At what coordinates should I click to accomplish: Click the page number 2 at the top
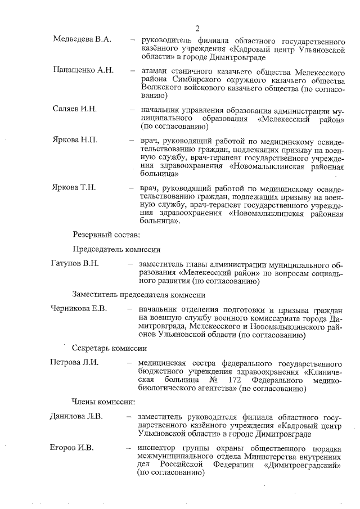[197, 28]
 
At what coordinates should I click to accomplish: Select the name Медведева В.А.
[82, 39]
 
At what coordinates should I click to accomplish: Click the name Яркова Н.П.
[75, 140]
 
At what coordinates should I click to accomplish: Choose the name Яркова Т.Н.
[75, 188]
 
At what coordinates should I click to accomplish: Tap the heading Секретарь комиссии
[109, 348]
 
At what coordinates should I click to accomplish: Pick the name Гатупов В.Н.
[75, 263]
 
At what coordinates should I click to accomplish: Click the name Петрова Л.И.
[74, 362]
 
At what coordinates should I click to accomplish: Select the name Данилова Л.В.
[76, 417]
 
